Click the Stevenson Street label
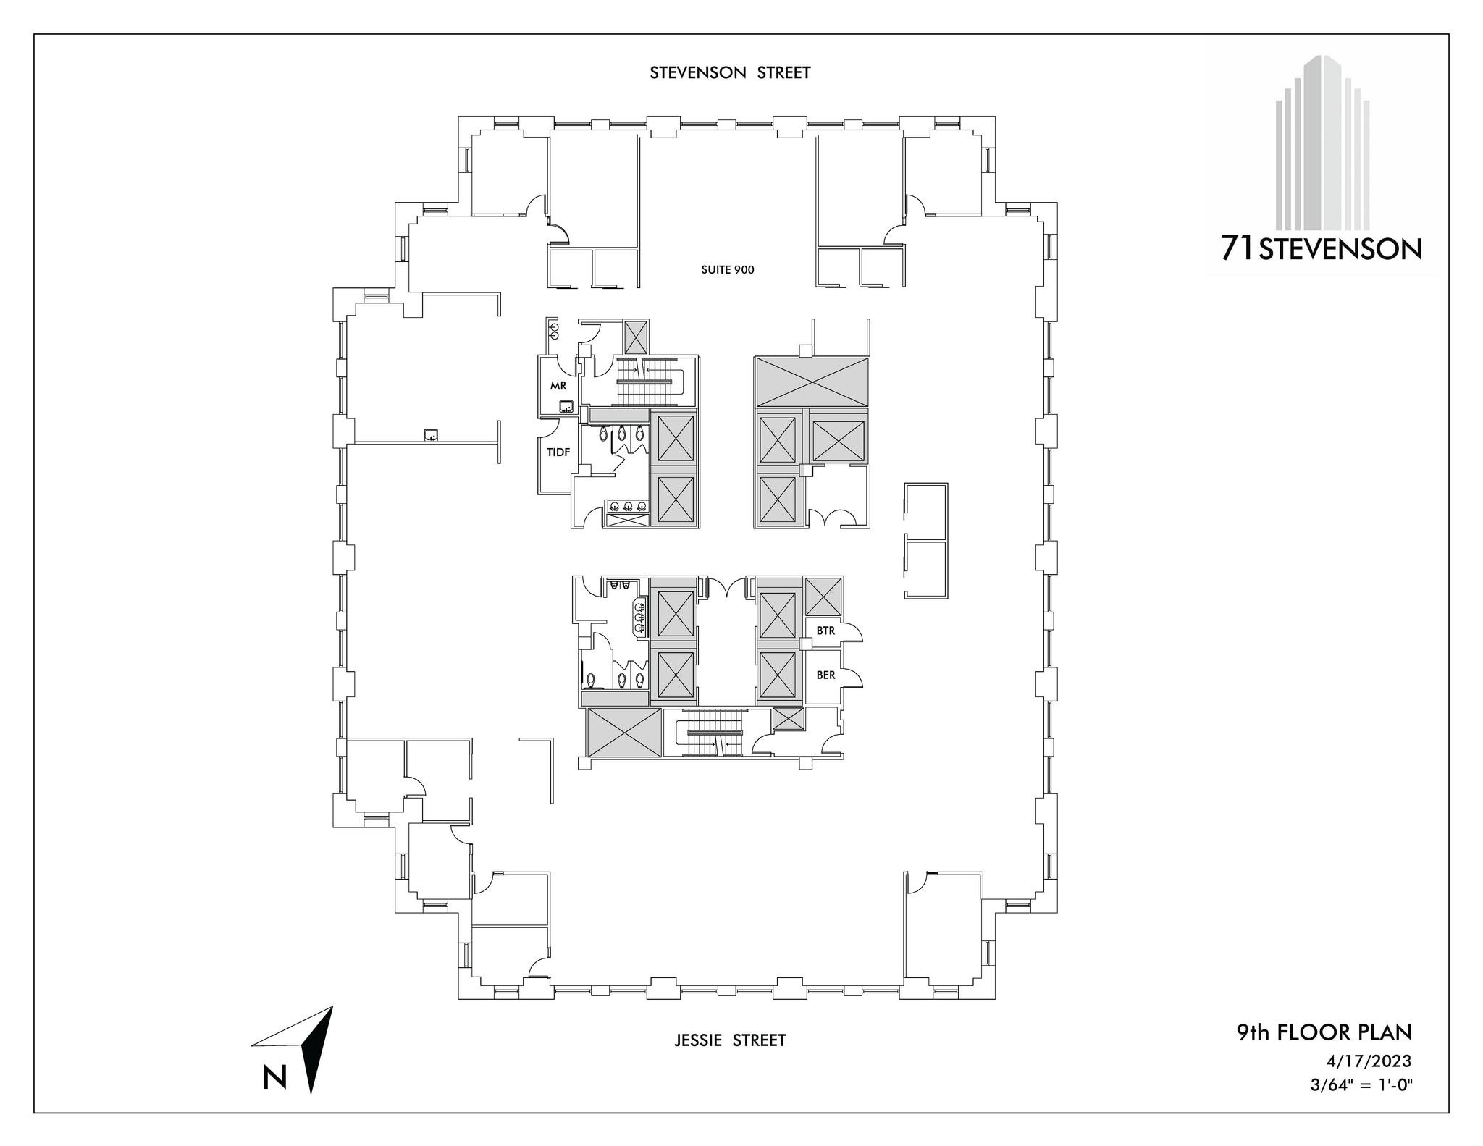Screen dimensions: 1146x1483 [x=730, y=73]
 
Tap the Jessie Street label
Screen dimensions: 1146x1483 [x=730, y=1040]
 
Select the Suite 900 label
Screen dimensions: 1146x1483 [x=728, y=270]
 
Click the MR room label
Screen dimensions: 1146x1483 [x=558, y=386]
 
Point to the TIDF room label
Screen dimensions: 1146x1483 [x=558, y=452]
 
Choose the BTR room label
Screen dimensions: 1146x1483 [x=825, y=631]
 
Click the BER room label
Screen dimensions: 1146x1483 [x=825, y=675]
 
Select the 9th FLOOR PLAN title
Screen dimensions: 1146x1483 [x=1324, y=1032]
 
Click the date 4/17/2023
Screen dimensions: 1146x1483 [x=1369, y=1061]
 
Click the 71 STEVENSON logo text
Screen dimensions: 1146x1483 [x=1321, y=249]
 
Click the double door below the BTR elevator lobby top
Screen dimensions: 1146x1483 [x=727, y=588]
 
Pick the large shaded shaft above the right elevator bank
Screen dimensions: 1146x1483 [x=811, y=382]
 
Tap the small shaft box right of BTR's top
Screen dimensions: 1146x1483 [x=824, y=597]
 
